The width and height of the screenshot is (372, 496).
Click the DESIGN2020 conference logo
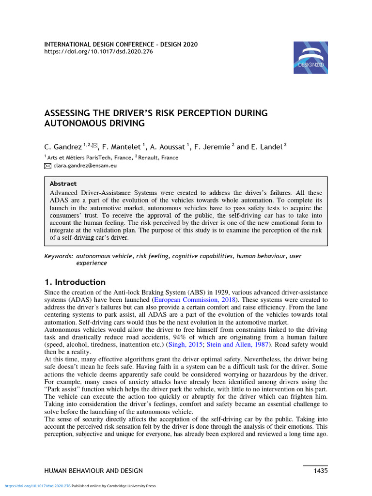point(310,57)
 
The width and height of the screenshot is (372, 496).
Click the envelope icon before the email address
point(47,166)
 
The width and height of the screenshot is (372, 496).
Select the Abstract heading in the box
point(63,184)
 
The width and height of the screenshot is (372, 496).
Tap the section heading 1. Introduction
point(75,282)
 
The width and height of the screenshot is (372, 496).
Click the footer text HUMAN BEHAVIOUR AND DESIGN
point(93,470)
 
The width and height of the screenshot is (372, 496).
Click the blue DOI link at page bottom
point(37,486)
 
